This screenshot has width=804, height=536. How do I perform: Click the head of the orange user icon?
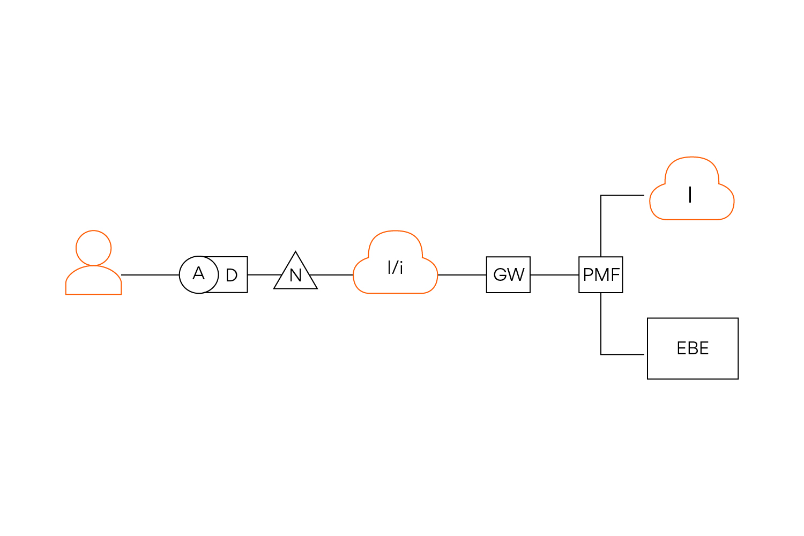(x=94, y=248)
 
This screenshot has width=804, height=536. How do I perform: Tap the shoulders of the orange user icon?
(x=94, y=281)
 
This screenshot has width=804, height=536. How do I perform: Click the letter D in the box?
(x=232, y=276)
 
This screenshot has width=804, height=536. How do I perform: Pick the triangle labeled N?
(x=295, y=274)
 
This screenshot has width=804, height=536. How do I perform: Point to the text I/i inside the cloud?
(x=395, y=267)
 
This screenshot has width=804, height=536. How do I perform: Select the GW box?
(x=508, y=274)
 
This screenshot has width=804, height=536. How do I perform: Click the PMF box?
(x=601, y=274)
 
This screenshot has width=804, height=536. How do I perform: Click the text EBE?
(x=693, y=348)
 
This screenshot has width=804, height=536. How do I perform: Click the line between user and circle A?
(x=150, y=275)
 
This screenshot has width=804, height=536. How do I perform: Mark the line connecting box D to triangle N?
(x=264, y=275)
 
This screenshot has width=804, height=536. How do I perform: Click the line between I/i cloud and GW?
(x=462, y=275)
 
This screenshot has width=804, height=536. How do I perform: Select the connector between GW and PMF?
(x=554, y=275)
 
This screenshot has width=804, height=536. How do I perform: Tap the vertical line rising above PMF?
(x=601, y=225)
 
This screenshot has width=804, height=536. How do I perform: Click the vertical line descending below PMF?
(x=601, y=324)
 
